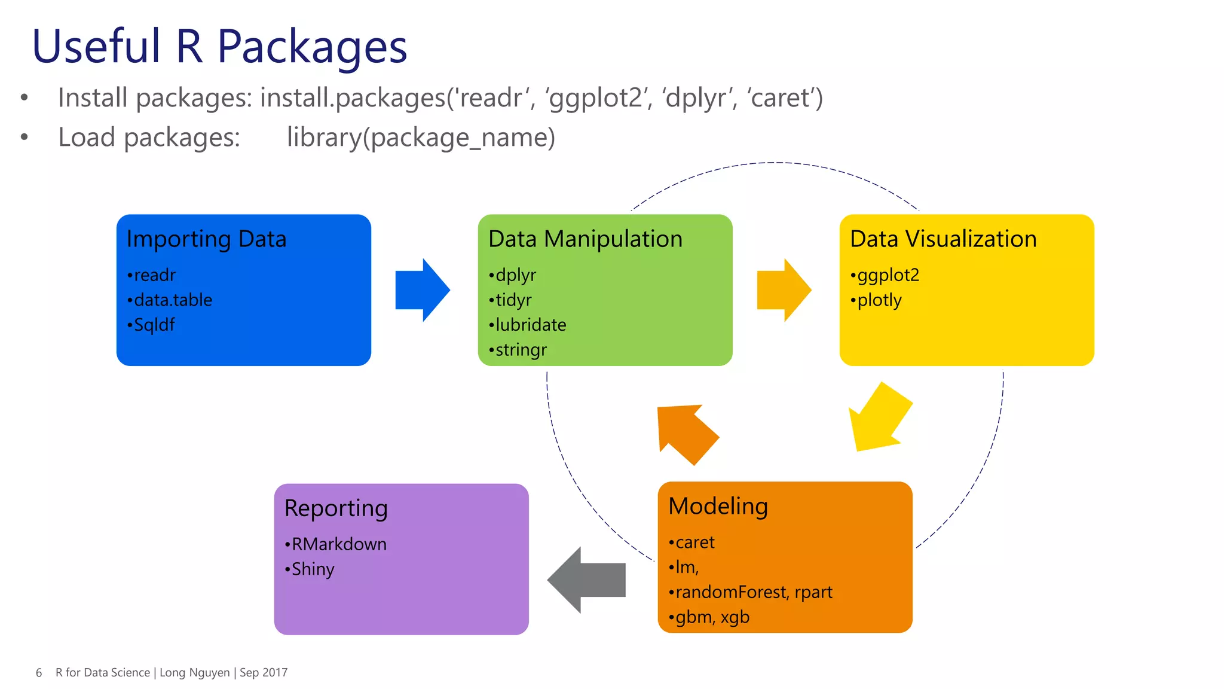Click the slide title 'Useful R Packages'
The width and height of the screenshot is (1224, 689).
coord(219,47)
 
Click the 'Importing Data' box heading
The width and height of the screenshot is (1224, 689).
coord(206,239)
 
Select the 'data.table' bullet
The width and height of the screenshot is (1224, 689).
coord(172,300)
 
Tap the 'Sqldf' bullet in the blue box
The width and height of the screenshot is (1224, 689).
coord(154,325)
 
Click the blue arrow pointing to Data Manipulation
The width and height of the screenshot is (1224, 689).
coord(421,290)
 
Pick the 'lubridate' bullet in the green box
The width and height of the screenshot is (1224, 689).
coord(530,325)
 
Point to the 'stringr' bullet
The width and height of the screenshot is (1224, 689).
coord(521,350)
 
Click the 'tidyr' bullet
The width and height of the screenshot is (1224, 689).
coord(513,300)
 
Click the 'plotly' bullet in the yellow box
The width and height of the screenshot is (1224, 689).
coord(879,300)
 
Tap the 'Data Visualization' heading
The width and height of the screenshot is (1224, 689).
coord(943,239)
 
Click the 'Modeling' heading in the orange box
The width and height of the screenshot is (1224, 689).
coord(718,506)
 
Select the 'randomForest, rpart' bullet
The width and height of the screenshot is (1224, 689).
coord(753,592)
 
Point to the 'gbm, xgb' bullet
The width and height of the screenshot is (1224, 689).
coord(712,617)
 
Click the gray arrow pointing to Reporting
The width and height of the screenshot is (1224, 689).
coord(588,580)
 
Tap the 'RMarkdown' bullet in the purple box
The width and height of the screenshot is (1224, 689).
coord(338,544)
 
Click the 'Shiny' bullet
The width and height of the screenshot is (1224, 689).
coord(312,569)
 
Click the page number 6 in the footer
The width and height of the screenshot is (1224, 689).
coord(39,673)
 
